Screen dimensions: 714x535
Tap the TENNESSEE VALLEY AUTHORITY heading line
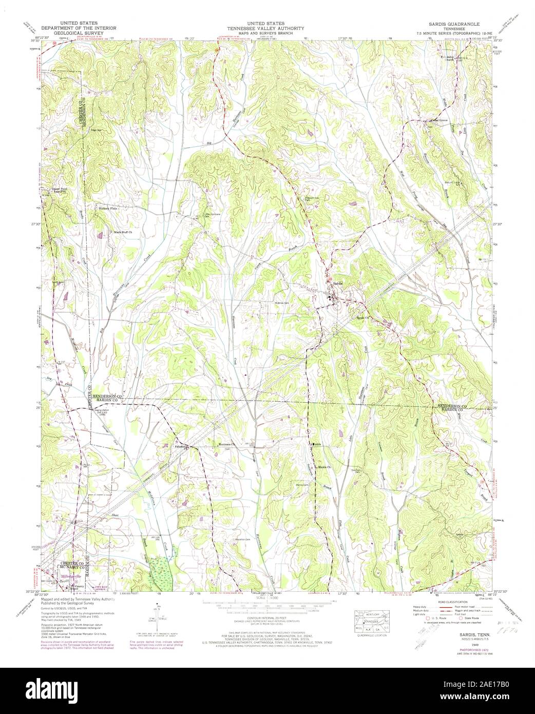tap(267, 28)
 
